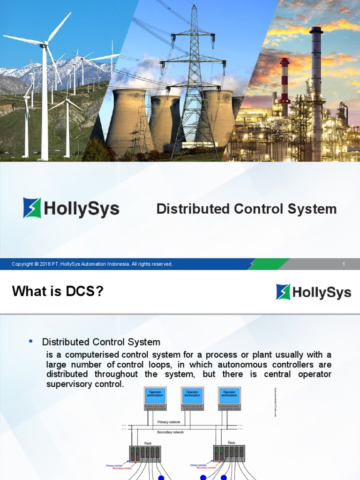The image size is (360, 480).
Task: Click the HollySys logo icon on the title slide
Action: [32, 208]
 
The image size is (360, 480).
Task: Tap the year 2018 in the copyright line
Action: [45, 264]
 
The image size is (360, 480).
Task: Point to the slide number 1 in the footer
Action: [344, 264]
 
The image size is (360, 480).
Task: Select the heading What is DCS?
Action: [57, 292]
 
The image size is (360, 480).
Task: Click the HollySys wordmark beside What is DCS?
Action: [322, 292]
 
